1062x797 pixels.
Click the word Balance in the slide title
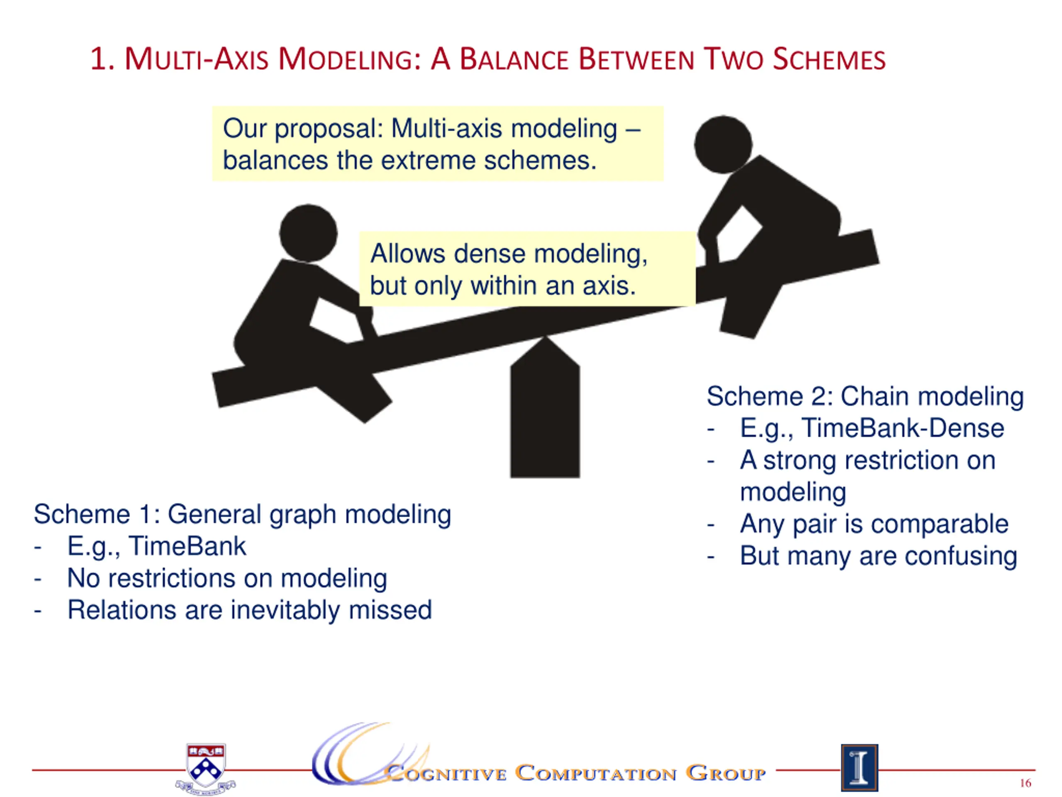tap(514, 60)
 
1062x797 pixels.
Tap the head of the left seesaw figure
tap(308, 233)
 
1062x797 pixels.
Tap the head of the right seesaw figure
tap(723, 144)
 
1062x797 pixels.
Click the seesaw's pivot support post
tap(545, 418)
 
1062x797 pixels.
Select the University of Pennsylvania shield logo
tap(206, 768)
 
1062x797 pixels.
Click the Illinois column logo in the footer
tap(860, 767)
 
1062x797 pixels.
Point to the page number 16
tap(1025, 783)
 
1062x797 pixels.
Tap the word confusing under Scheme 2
tap(961, 556)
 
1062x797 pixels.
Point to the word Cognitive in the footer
tap(446, 773)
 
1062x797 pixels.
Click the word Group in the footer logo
tap(725, 773)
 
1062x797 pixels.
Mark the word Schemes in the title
tap(829, 60)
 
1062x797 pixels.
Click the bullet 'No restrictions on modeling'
tap(227, 578)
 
